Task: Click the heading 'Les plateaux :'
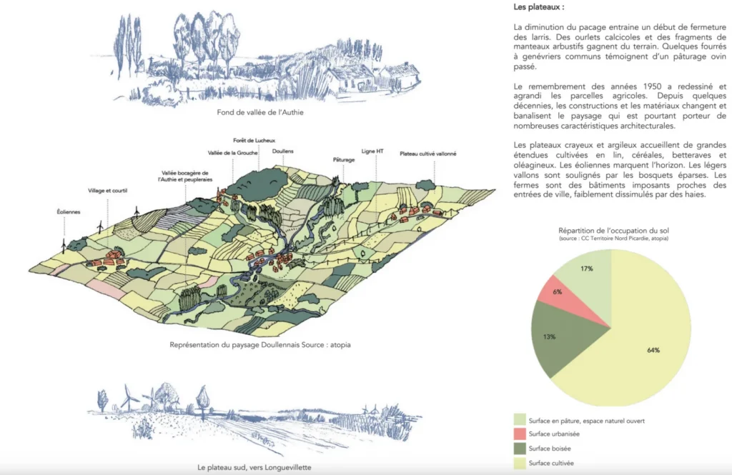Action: point(539,7)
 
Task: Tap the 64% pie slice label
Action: point(653,351)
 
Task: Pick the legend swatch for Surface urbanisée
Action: point(520,434)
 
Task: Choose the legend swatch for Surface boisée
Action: point(520,449)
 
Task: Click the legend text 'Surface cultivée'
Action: point(551,464)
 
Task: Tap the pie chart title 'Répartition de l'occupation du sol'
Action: point(613,231)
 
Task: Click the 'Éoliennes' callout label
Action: point(69,212)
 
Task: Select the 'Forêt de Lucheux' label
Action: point(254,141)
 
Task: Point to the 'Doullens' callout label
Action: point(283,151)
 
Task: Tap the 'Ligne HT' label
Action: point(372,151)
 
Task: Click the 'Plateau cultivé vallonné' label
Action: point(428,154)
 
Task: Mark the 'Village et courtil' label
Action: point(107,191)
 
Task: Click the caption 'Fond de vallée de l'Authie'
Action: point(260,112)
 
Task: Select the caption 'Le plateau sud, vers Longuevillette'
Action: point(254,468)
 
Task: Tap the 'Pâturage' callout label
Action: point(344,159)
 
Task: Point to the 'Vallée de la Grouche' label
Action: point(232,153)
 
